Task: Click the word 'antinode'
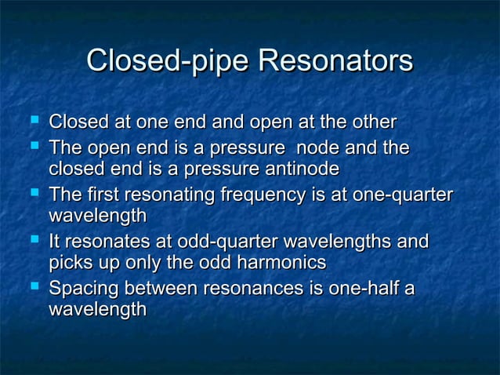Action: tap(302, 169)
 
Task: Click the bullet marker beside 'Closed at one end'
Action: tap(32, 122)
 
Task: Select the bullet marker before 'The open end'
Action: tap(32, 146)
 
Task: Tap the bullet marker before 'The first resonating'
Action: tap(32, 193)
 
